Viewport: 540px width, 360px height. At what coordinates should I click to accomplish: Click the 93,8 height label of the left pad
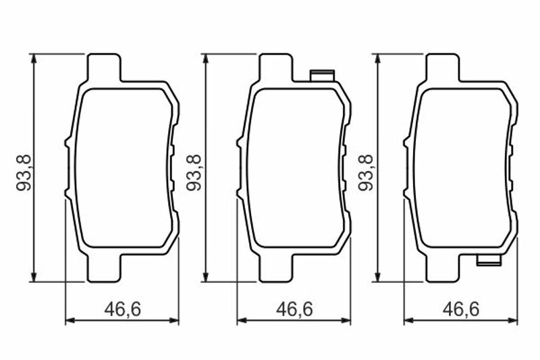(24, 173)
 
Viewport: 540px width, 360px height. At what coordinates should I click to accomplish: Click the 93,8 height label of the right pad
(366, 173)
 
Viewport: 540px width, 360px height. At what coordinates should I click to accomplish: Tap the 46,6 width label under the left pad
(123, 309)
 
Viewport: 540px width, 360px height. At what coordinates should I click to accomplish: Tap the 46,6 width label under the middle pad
(294, 309)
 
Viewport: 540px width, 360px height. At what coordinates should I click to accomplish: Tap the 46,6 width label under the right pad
(461, 309)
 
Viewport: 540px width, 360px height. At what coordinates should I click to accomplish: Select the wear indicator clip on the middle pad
(323, 76)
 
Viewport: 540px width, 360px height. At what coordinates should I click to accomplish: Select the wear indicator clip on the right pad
(489, 260)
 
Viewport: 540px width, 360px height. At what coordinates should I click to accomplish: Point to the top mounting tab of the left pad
(105, 67)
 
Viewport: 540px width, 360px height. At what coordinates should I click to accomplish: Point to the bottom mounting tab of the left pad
(105, 268)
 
